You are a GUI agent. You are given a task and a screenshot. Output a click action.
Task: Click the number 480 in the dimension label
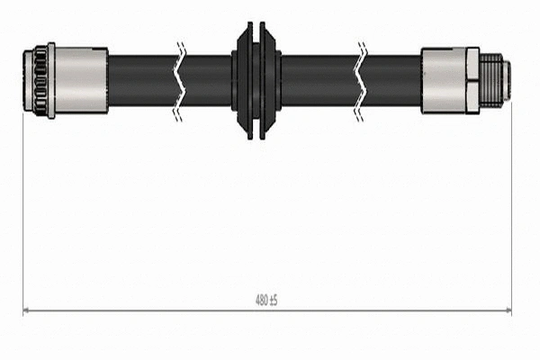(260, 300)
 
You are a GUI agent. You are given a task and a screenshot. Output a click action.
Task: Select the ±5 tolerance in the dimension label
(273, 300)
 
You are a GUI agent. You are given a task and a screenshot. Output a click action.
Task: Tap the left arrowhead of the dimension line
(27, 310)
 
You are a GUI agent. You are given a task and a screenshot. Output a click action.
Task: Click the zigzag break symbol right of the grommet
(362, 81)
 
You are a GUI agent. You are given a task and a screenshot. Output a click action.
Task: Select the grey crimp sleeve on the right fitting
(443, 80)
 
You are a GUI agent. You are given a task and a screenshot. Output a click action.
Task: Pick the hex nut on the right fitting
(472, 80)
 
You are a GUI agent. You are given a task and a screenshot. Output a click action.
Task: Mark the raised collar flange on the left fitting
(51, 80)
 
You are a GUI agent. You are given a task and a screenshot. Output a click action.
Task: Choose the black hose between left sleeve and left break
(142, 80)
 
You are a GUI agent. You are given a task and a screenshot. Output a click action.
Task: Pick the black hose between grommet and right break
(319, 80)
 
